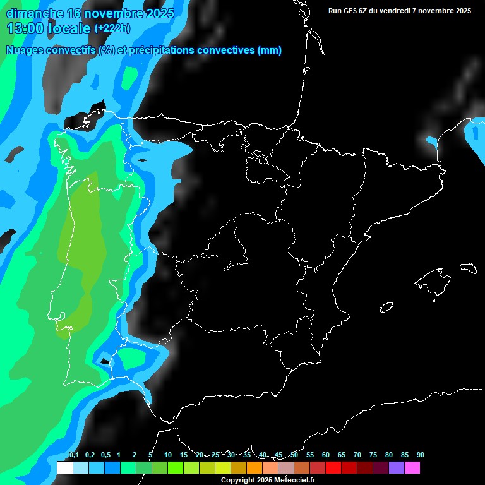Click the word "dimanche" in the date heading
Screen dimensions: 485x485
[34, 13]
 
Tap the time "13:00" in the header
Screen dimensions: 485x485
[26, 28]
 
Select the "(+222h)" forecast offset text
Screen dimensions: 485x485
[112, 28]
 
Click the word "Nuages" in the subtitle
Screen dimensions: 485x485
[24, 51]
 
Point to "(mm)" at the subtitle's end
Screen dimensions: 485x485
[270, 51]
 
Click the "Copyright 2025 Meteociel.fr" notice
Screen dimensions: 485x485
[268, 481]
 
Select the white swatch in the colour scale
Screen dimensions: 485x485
[64, 468]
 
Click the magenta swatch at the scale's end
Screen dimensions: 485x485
[412, 468]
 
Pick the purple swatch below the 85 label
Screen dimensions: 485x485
[397, 468]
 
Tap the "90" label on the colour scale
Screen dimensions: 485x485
[420, 455]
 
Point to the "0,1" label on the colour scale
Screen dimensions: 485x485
[73, 455]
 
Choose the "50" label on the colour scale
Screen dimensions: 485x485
[294, 455]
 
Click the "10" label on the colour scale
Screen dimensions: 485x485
[167, 455]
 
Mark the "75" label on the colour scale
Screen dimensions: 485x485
[373, 455]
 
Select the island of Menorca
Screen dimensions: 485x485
[468, 268]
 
